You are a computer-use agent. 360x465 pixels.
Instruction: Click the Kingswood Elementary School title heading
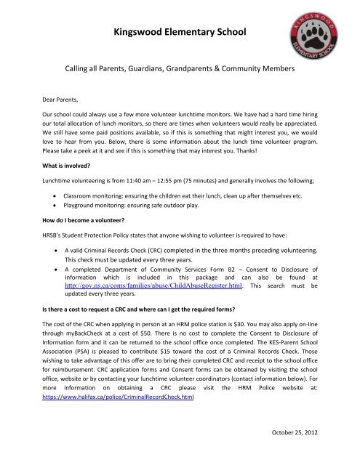pos(180,32)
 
